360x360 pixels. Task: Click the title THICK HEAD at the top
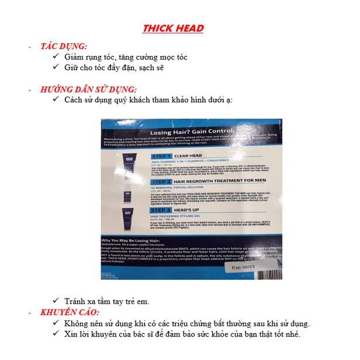pyautogui.click(x=173, y=28)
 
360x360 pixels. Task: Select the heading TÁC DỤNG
pyautogui.click(x=64, y=46)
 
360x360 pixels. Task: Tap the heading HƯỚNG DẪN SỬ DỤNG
pyautogui.click(x=89, y=89)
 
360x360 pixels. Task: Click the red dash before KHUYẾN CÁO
pyautogui.click(x=30, y=313)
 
